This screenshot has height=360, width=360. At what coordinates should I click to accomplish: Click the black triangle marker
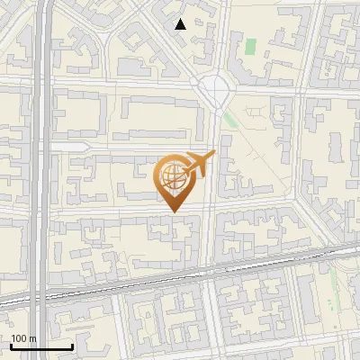(x=181, y=24)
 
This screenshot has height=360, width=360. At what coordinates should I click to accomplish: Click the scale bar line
(x=41, y=346)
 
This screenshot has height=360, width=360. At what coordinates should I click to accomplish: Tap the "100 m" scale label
(x=23, y=338)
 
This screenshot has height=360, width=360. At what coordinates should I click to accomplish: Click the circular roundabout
(x=215, y=88)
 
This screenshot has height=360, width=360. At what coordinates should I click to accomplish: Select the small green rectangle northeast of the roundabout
(x=250, y=44)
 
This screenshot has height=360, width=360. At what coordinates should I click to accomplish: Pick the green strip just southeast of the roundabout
(x=231, y=119)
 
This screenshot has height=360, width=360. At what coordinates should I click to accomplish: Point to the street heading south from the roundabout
(x=211, y=180)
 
